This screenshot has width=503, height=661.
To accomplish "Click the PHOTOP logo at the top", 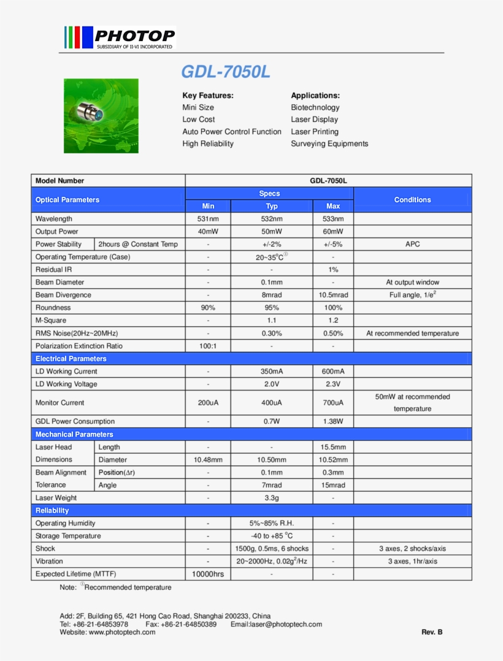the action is click(x=120, y=37).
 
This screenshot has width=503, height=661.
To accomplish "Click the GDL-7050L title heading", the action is click(x=225, y=72).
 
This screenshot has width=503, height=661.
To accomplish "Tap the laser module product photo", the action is click(x=101, y=116).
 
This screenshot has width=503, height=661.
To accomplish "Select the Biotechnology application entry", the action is click(x=315, y=107).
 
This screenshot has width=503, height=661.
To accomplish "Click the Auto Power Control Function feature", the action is click(x=231, y=132).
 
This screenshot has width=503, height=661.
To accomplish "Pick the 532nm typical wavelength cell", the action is click(x=272, y=219).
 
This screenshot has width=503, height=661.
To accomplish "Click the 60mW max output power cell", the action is click(x=333, y=232).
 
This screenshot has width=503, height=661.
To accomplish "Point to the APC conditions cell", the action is click(x=412, y=244).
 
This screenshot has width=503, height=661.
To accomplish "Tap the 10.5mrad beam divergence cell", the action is click(x=333, y=295).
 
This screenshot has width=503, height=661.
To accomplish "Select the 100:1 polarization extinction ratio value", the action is click(x=208, y=346).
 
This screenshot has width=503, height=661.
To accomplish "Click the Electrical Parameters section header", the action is click(x=71, y=359).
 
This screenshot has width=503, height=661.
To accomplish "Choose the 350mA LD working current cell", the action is click(x=272, y=372).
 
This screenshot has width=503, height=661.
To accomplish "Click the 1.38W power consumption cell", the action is click(x=333, y=422).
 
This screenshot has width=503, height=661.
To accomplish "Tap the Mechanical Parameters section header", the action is click(x=74, y=435).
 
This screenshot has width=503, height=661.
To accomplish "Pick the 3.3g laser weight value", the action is click(x=272, y=498).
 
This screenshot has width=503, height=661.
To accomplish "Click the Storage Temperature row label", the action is click(x=68, y=536).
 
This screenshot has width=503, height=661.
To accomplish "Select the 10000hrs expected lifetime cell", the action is click(x=208, y=575).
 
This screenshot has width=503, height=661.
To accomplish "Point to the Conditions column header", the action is click(x=412, y=200).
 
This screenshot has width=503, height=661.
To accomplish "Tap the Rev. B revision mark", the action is click(x=432, y=632).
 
